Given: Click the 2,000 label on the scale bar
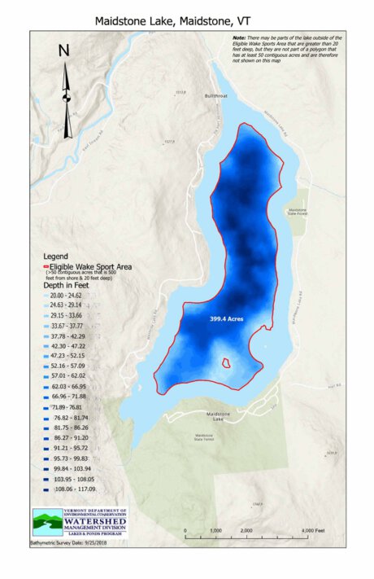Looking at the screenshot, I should (246, 530).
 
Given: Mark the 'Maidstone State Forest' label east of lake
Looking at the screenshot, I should (298, 213).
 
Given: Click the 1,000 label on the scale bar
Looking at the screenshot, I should (215, 530).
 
